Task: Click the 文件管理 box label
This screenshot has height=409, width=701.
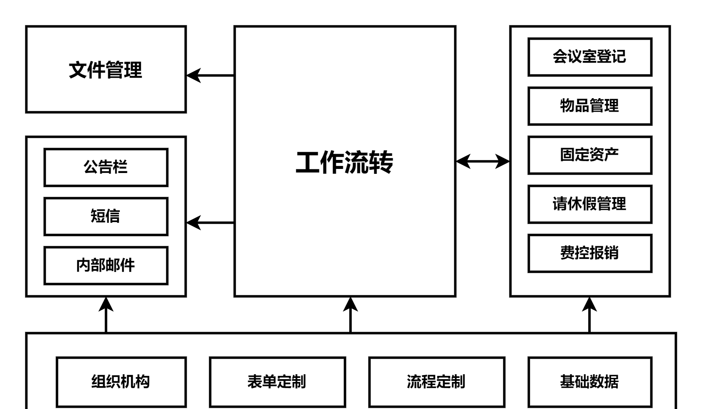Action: pyautogui.click(x=105, y=70)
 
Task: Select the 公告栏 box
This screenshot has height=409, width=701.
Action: pyautogui.click(x=106, y=167)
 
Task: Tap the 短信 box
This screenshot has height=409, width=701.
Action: pyautogui.click(x=106, y=216)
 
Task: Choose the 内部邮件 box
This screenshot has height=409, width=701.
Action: pyautogui.click(x=106, y=265)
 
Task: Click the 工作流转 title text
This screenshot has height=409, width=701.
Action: pyautogui.click(x=344, y=162)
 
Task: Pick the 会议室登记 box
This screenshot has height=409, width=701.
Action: pyautogui.click(x=589, y=57)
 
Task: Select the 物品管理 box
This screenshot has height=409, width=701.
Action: pyautogui.click(x=589, y=106)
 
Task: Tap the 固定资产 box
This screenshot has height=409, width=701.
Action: pyautogui.click(x=589, y=155)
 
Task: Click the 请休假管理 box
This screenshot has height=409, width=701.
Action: pyautogui.click(x=589, y=204)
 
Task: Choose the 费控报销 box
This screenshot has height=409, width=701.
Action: pyautogui.click(x=589, y=253)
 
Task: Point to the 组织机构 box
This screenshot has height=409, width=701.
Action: pyautogui.click(x=121, y=382)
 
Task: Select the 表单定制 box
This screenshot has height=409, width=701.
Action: pyautogui.click(x=277, y=382)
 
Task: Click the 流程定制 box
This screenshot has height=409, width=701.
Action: pyautogui.click(x=436, y=382)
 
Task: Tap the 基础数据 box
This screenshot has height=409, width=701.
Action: pyautogui.click(x=589, y=382)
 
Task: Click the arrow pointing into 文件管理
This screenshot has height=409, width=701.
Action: pyautogui.click(x=210, y=76)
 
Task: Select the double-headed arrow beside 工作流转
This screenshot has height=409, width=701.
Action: pyautogui.click(x=482, y=161)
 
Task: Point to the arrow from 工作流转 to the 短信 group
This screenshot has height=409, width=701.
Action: pyautogui.click(x=210, y=223)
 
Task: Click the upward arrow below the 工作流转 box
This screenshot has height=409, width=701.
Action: pyautogui.click(x=350, y=315)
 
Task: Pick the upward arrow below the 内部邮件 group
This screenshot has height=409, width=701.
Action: pyautogui.click(x=106, y=315)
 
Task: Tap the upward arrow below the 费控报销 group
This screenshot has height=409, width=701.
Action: pyautogui.click(x=589, y=315)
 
